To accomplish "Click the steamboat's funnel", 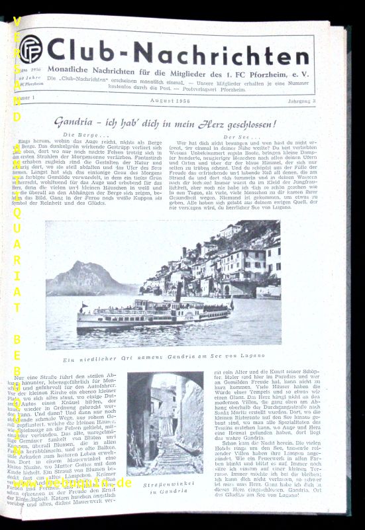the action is tap(178, 293).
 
